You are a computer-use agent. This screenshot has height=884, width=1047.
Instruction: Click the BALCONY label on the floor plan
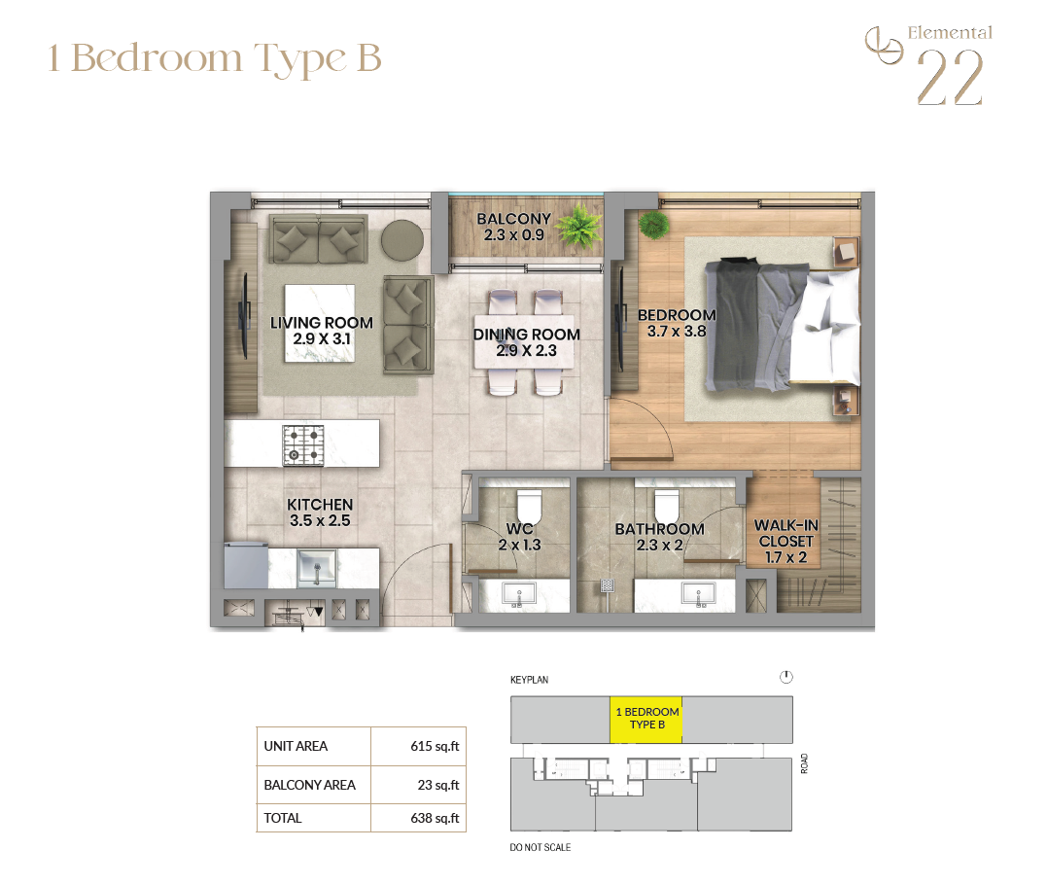tap(513, 219)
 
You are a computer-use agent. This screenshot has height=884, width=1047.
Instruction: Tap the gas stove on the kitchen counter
tap(303, 445)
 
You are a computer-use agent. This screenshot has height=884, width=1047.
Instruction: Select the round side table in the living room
tap(401, 241)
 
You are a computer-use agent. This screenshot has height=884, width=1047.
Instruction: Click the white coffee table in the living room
tap(320, 324)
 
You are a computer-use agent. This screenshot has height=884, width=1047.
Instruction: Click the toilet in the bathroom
tap(666, 506)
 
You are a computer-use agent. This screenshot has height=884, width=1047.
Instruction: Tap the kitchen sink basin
tap(317, 567)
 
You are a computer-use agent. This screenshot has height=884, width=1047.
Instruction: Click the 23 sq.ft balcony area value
tap(438, 785)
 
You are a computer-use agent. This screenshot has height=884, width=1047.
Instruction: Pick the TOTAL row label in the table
tap(283, 818)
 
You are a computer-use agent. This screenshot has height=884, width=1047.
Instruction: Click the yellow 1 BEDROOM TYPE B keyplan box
tap(646, 719)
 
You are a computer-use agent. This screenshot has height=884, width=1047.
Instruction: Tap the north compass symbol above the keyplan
tap(785, 678)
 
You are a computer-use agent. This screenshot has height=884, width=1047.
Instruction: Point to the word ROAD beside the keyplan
tap(804, 763)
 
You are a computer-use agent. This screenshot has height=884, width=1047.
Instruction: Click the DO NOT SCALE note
tap(541, 847)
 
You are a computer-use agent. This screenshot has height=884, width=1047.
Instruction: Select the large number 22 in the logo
tap(950, 78)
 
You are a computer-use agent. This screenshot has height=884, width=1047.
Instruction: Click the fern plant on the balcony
tap(578, 228)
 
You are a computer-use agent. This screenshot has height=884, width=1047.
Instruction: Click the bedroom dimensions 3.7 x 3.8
tap(677, 332)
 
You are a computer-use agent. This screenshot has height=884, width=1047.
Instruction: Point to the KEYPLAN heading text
tap(529, 680)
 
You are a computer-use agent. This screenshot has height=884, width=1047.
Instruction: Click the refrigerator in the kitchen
tap(246, 565)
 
